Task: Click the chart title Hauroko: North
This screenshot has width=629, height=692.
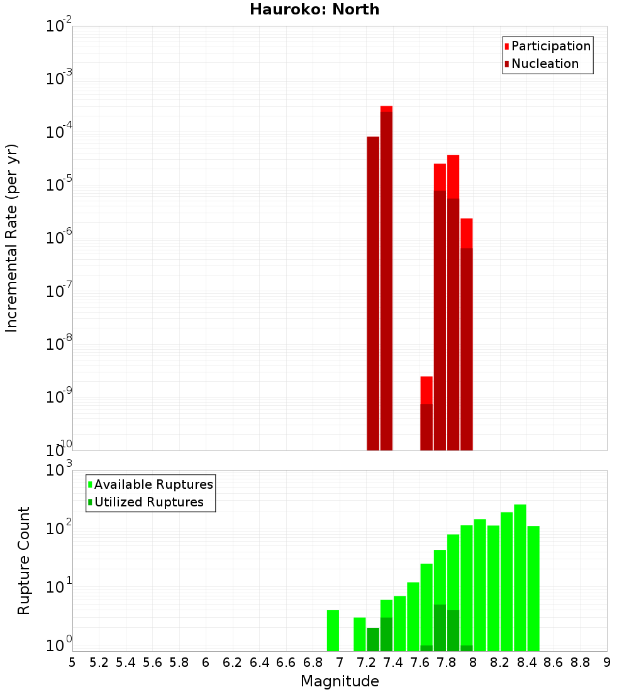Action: (x=314, y=9)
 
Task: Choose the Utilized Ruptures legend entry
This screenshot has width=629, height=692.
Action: (x=148, y=502)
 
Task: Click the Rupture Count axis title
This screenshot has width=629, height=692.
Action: (x=24, y=561)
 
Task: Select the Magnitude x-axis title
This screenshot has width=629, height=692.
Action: (x=340, y=681)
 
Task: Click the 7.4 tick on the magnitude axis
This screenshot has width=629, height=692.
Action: (x=393, y=662)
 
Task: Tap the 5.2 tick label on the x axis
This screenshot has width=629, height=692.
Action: (x=99, y=662)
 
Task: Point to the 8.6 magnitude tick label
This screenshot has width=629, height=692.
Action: (x=554, y=662)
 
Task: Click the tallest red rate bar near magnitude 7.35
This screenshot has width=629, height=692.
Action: (x=386, y=277)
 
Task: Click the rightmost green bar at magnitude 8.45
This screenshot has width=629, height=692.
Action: (x=533, y=588)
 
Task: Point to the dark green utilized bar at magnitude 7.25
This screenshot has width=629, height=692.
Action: (x=373, y=639)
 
